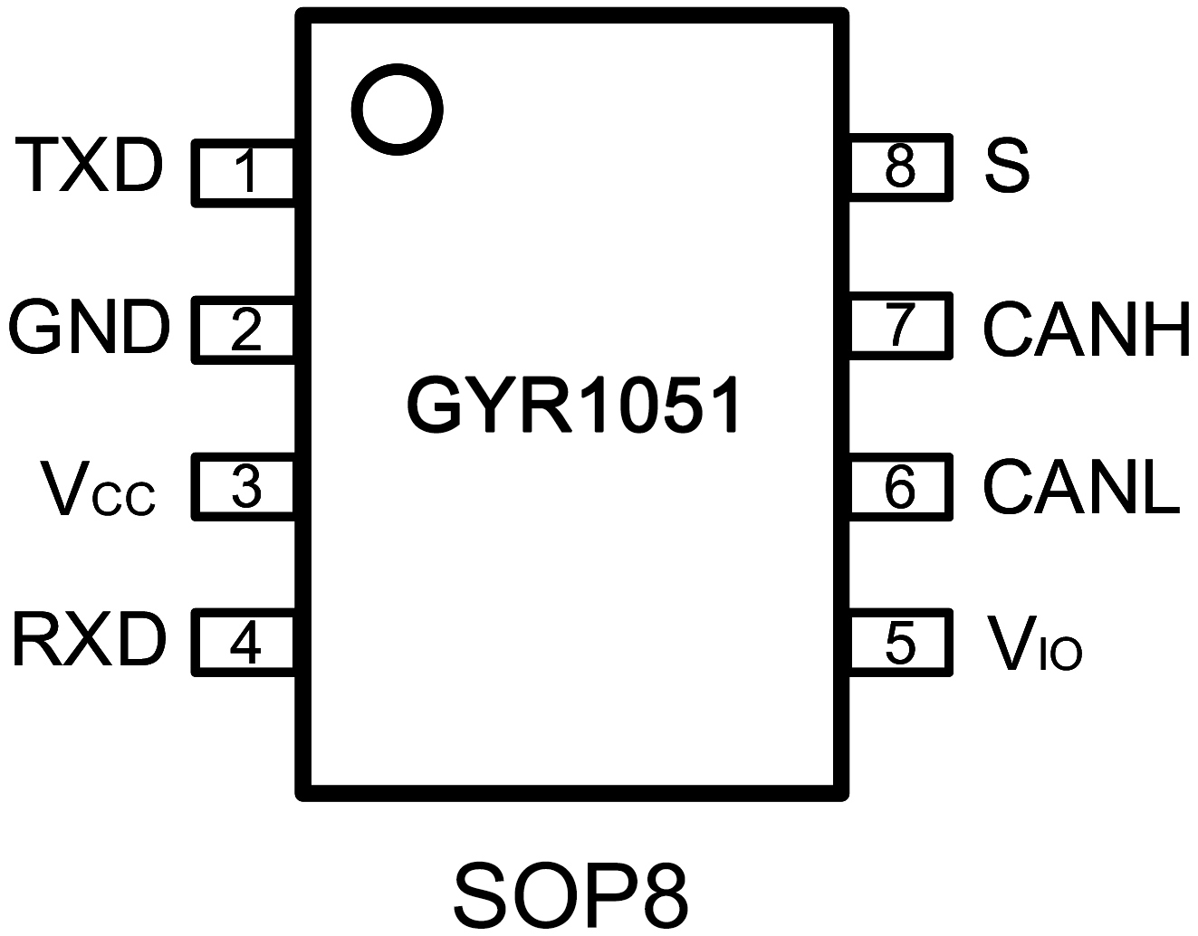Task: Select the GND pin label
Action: tap(90, 327)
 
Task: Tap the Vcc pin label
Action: tap(98, 490)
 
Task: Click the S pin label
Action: tap(1006, 167)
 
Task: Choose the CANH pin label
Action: tap(1086, 329)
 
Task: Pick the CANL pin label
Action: tap(1081, 488)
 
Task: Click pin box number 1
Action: tap(244, 172)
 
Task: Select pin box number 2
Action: tap(244, 330)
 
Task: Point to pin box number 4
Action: tap(244, 644)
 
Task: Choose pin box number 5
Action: tap(900, 642)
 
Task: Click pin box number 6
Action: tap(900, 486)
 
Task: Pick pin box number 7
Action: tap(900, 326)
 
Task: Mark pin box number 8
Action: tap(900, 166)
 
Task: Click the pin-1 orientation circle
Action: tap(397, 109)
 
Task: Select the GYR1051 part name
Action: tap(574, 406)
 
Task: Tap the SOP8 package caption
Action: tap(570, 894)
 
